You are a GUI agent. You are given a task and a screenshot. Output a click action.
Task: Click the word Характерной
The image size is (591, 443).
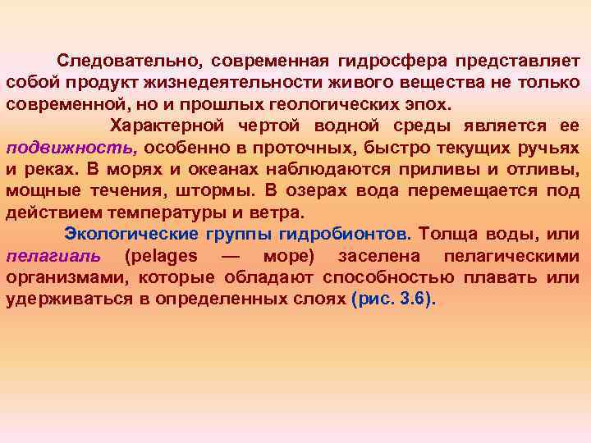167,126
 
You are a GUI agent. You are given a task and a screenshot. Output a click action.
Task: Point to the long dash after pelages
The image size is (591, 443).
230,255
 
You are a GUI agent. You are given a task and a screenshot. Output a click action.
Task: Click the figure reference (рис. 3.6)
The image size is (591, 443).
394,298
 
